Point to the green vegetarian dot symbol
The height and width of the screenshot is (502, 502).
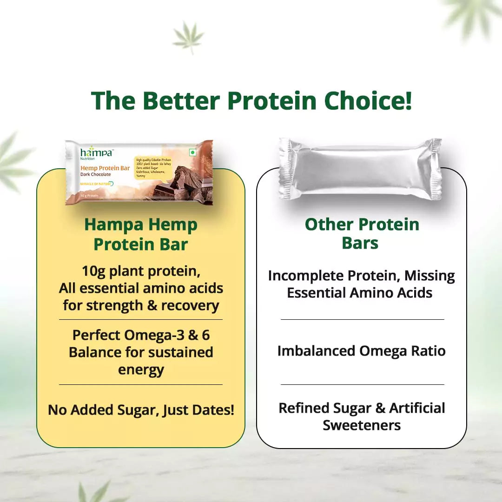193,152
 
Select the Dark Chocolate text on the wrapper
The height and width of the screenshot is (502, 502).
96,174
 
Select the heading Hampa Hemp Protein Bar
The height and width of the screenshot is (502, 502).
141,234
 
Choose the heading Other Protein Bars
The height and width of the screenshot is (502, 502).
362,233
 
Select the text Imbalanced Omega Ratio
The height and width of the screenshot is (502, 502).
362,351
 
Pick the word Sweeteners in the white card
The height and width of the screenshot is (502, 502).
362,425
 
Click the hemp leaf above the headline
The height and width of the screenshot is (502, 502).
188,36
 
